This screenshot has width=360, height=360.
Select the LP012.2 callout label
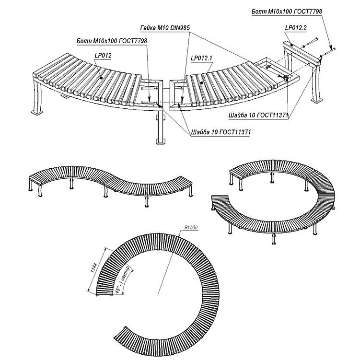coord(295,29)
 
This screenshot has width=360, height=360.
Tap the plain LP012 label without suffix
coord(103,56)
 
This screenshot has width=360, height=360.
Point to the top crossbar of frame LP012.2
coord(302,52)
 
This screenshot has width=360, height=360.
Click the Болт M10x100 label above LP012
coord(111,41)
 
